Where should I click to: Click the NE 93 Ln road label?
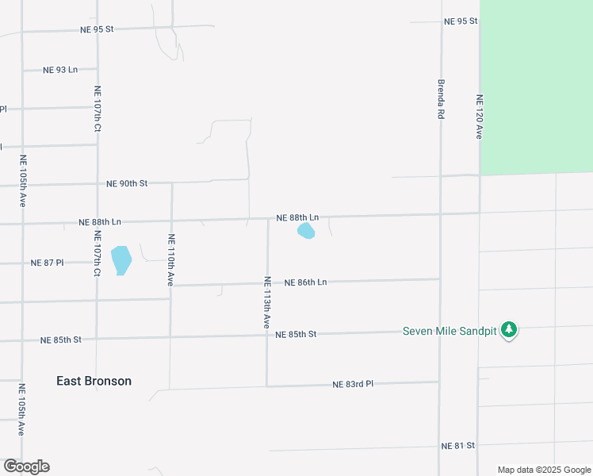[x=61, y=70]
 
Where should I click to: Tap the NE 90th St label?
[x=127, y=183]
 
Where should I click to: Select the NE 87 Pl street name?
[x=47, y=263]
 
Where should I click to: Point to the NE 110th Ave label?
[x=170, y=259]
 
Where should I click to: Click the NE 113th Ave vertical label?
[x=267, y=302]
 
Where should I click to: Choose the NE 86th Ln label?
[x=305, y=282]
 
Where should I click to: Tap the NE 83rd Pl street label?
[x=353, y=384]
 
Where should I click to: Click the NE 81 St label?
[x=457, y=446]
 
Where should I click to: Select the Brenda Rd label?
[x=441, y=98]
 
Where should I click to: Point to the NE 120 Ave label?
[x=479, y=117]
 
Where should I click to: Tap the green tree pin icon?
[x=509, y=330]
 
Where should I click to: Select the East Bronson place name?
[x=94, y=381]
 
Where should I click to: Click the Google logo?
[x=26, y=466]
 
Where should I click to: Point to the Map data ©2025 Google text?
[x=543, y=470]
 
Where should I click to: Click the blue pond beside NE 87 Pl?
[x=121, y=259]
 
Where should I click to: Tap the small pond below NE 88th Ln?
[x=305, y=231]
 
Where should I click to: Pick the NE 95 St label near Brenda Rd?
[x=461, y=21]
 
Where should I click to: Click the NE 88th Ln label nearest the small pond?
[x=297, y=217]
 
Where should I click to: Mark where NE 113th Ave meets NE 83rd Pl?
[x=267, y=386]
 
